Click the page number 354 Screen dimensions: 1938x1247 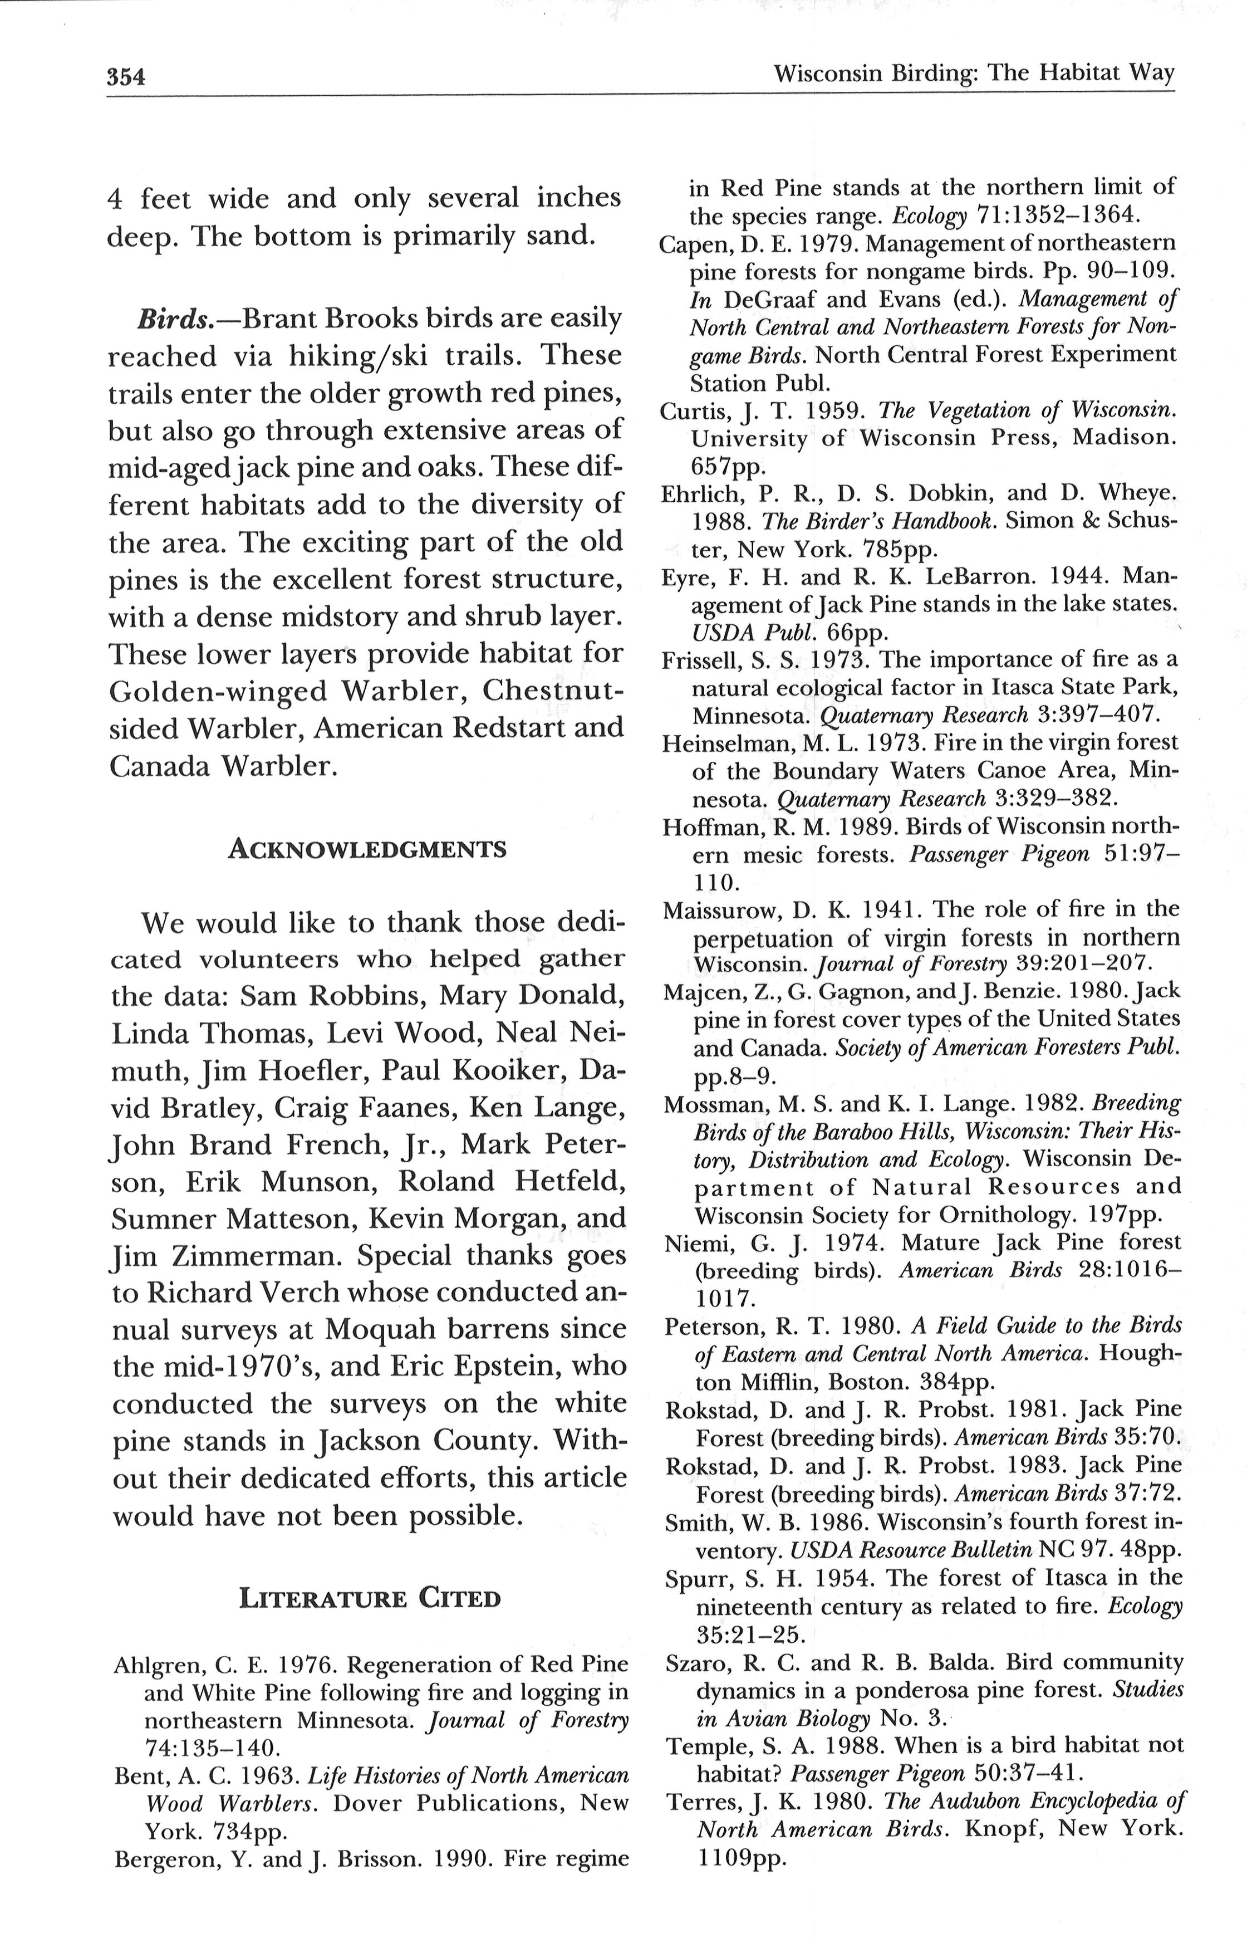click(x=125, y=77)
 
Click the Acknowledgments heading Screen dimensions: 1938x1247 click(x=367, y=849)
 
